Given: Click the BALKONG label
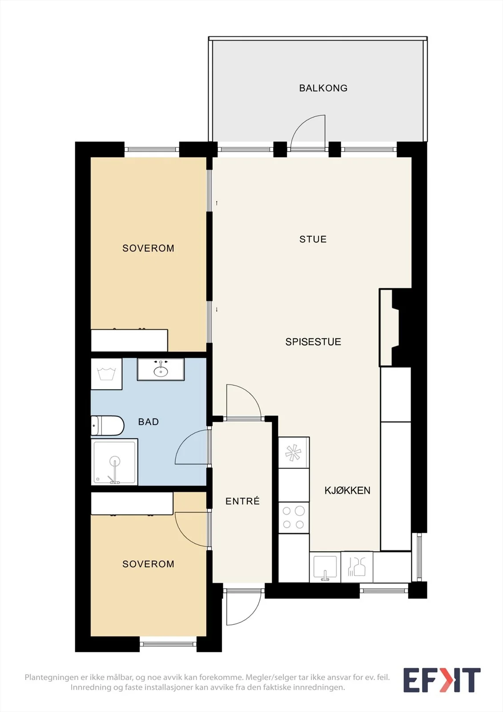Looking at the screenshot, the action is pos(323,88).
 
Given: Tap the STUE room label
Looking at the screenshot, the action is pos(313,239).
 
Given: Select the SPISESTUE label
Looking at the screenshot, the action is pos(313,342).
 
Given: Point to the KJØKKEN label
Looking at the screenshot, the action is pos(347,490).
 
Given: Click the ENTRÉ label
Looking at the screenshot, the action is pos(242,501).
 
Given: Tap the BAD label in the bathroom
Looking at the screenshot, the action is pos(149,422).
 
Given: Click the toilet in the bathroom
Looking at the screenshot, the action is pos(107,425).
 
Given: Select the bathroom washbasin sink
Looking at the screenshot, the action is pos(161,369).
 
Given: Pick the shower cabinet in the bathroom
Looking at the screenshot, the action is pos(114,462).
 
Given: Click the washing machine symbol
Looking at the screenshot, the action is pos(106,374).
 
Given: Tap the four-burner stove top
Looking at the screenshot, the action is pos(294,518).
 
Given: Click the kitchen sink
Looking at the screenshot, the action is pos(325,567).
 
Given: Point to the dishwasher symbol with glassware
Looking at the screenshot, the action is pos(357,567).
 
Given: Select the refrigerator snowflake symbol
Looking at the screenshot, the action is pos(294,453).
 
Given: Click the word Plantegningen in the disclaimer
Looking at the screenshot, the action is pos(51,677).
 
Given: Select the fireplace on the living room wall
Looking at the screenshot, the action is pos(389,328).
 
